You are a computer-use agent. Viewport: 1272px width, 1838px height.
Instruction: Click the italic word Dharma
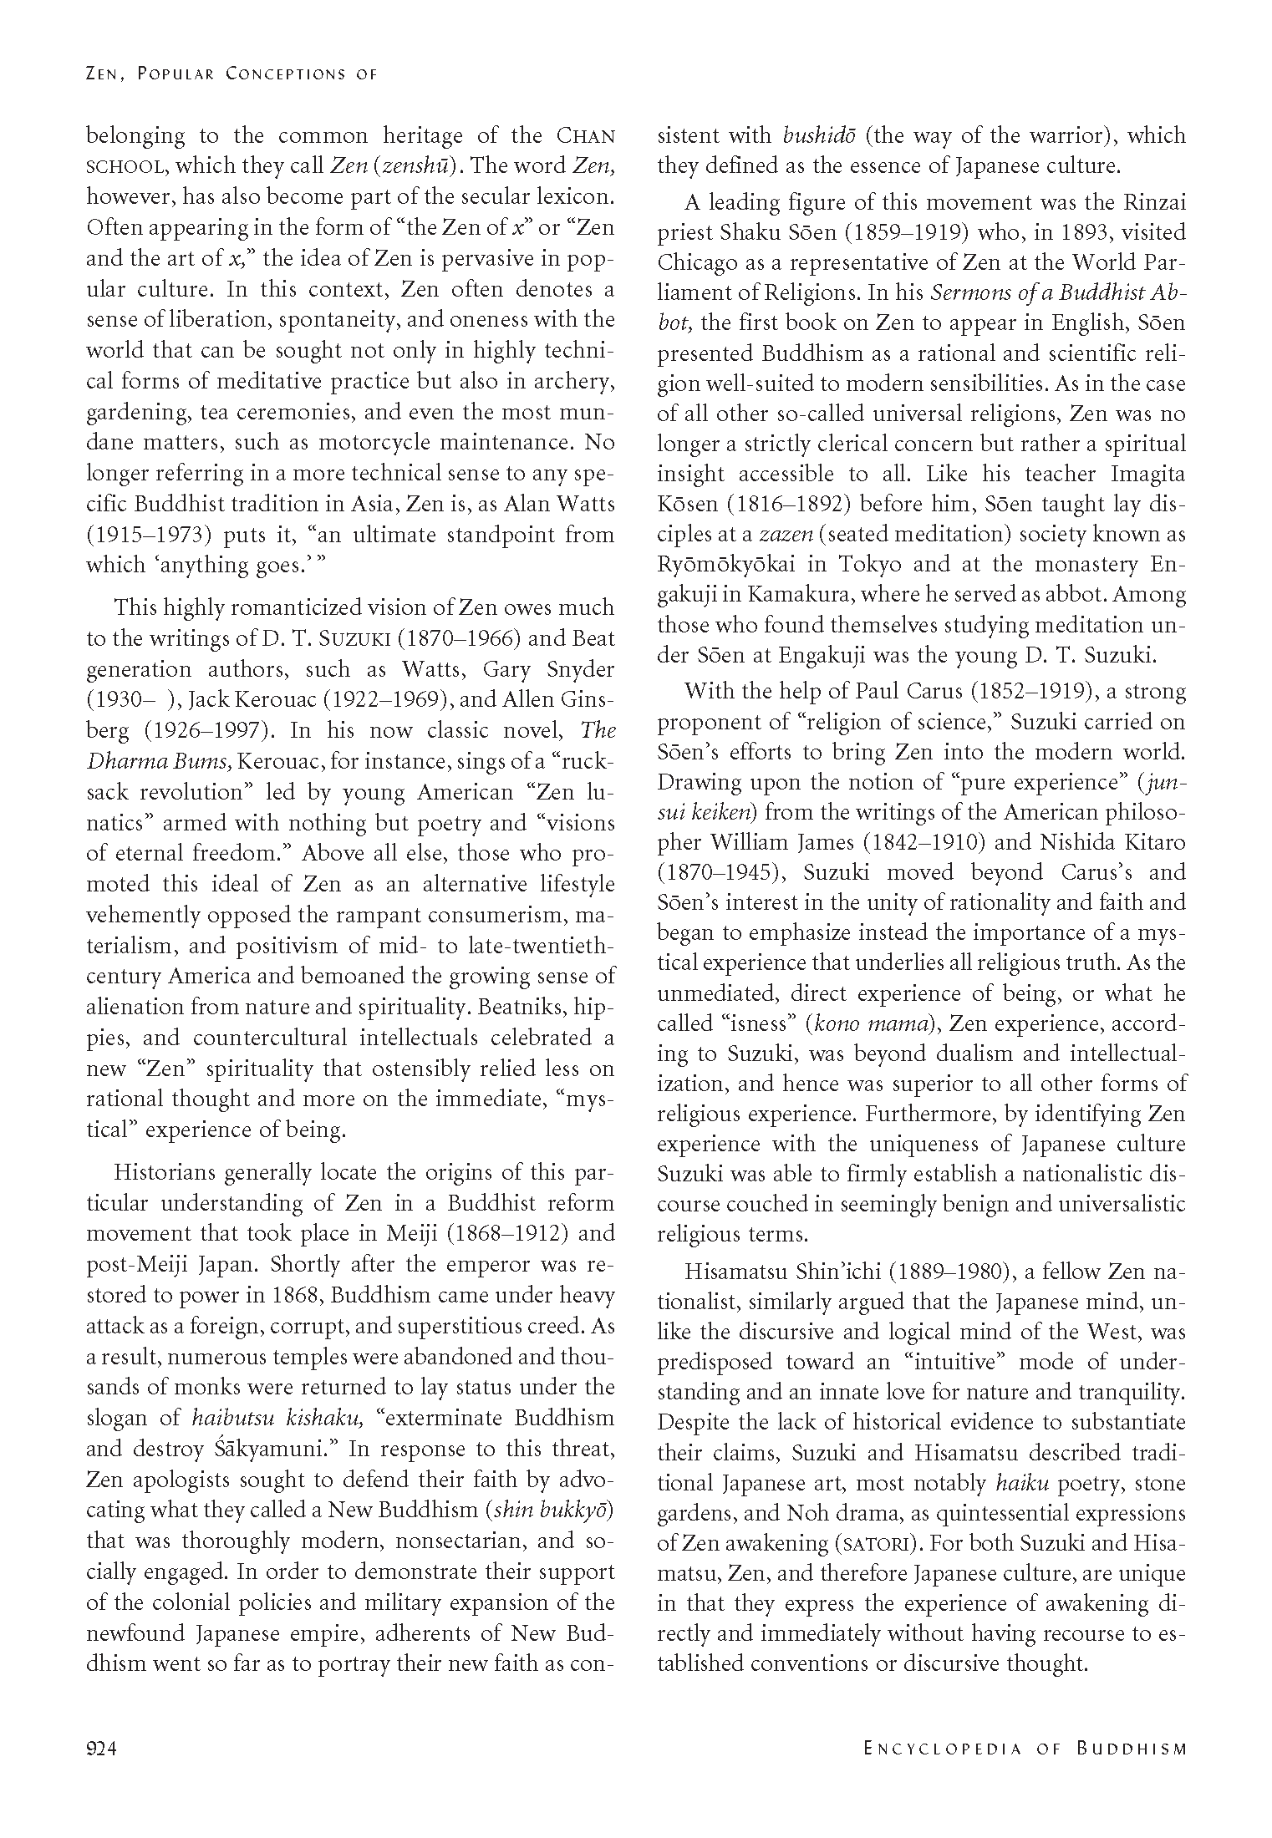124,762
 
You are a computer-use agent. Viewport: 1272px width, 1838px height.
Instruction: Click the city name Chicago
694,263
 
